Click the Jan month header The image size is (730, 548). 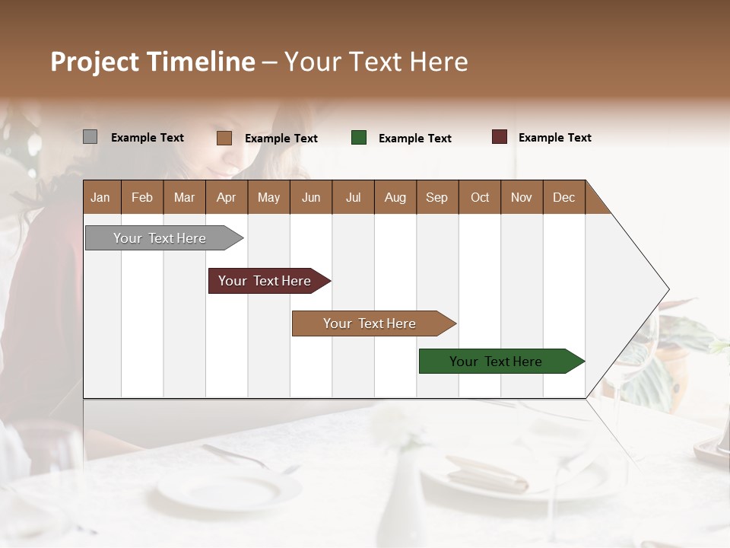101,197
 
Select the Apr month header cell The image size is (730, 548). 227,197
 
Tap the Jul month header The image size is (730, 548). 353,197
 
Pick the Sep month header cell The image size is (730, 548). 437,197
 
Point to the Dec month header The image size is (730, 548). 563,197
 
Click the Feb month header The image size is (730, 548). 142,197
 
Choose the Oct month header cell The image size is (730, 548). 479,197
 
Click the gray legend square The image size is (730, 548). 90,137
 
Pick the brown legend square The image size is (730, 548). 224,138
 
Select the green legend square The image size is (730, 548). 359,138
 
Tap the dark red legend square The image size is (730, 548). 499,137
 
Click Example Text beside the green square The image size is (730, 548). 414,139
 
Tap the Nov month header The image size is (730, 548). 522,197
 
